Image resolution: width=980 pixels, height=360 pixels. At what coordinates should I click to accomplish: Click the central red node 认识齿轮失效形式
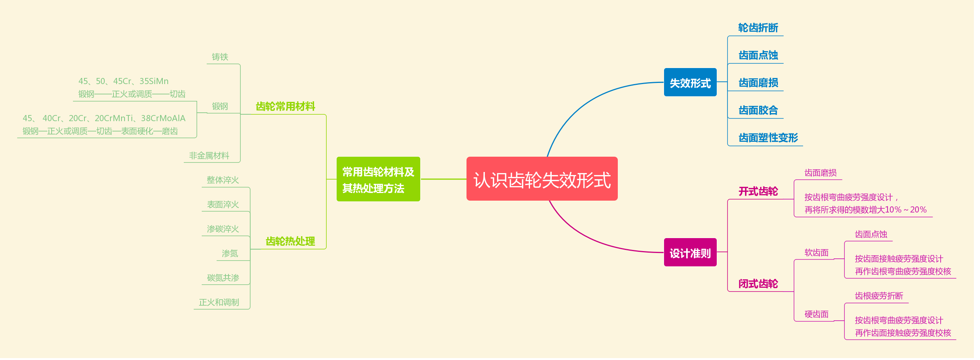coord(542,179)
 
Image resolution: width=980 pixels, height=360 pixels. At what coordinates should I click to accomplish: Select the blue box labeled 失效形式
coord(690,83)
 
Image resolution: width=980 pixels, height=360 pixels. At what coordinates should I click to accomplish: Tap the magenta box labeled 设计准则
coord(690,253)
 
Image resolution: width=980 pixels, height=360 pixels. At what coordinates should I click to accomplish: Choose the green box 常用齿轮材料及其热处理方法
coord(378,179)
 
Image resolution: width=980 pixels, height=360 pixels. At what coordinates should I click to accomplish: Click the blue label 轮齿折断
coord(758,28)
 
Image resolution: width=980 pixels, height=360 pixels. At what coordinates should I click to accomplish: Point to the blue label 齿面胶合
coord(758,110)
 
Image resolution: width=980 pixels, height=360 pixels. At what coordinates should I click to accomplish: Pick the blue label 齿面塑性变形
coord(768,138)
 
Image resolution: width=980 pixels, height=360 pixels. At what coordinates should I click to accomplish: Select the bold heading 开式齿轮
coord(758,191)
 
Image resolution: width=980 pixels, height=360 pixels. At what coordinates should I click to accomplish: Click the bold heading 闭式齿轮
coord(758,284)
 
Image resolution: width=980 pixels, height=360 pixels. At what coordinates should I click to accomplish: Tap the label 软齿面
coord(816,253)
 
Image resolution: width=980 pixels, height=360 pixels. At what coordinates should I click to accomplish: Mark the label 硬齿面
coord(816,314)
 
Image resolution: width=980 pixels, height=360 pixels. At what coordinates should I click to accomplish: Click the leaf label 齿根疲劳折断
coord(879,296)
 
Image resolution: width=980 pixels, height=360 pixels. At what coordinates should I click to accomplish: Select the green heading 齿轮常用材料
coord(285,107)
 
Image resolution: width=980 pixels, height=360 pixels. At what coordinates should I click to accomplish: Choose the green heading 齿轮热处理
coord(290,242)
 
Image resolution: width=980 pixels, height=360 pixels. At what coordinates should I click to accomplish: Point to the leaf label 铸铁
coord(220,57)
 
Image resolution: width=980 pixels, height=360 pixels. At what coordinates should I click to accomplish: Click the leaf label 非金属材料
coord(209,156)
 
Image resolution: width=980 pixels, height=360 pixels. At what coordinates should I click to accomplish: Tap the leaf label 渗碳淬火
coord(223,229)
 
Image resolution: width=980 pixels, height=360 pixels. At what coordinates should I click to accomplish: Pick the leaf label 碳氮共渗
coord(223,278)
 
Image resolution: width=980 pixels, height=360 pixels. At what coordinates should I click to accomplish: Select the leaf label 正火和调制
coord(219,302)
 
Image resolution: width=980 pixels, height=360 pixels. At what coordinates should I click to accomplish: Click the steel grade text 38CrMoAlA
coord(163,118)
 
